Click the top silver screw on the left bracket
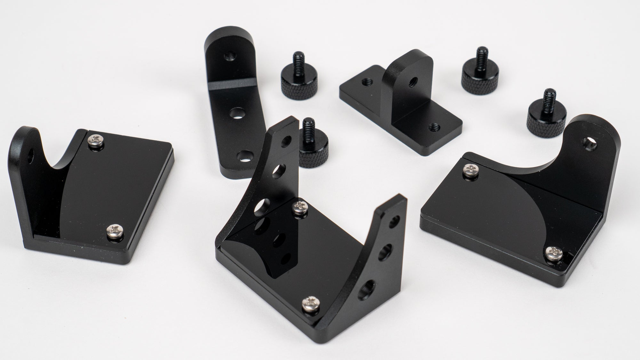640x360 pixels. pyautogui.click(x=95, y=140)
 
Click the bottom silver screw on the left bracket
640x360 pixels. pyautogui.click(x=115, y=230)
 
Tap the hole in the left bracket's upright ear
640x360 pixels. pyautogui.click(x=31, y=154)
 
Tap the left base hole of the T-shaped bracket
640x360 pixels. pyautogui.click(x=365, y=83)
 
